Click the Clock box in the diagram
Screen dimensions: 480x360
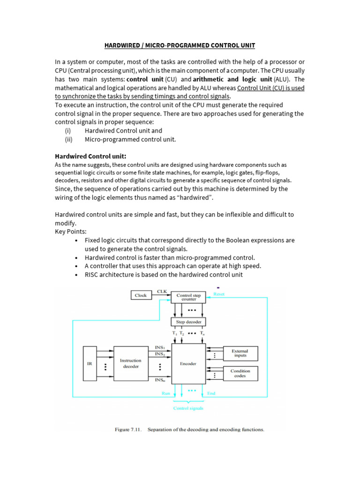tap(141, 295)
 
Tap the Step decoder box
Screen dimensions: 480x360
tap(187, 322)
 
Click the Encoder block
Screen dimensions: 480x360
tap(188, 363)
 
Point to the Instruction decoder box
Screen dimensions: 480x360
tap(131, 363)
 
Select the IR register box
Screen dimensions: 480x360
tap(90, 363)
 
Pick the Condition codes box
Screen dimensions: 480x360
tap(240, 373)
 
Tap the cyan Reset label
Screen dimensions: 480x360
tap(219, 294)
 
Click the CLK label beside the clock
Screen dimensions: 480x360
tap(161, 292)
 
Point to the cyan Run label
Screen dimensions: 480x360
tap(166, 393)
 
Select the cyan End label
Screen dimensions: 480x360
tap(211, 393)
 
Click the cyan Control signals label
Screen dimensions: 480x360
tap(188, 408)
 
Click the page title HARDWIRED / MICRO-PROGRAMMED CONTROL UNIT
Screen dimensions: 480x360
tap(180, 45)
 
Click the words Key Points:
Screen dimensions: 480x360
tap(71, 232)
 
